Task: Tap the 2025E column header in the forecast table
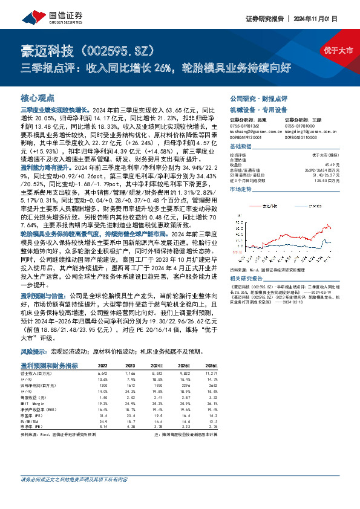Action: coord(185,366)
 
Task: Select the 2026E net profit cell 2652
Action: coord(211,384)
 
